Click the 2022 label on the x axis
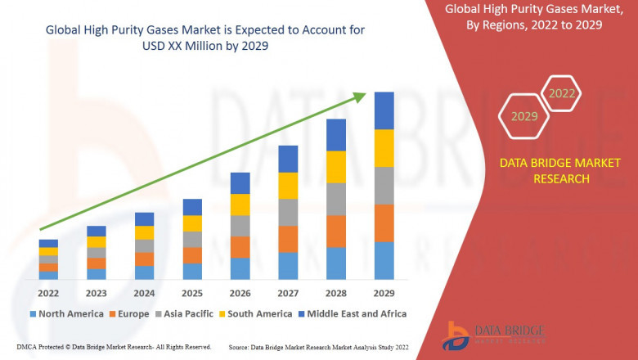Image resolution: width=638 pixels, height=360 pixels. coord(48,293)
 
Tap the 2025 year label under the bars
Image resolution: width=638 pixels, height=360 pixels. coord(192,293)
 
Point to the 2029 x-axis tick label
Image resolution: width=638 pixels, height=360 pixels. coord(384,293)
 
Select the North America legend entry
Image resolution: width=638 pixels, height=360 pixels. coord(66,313)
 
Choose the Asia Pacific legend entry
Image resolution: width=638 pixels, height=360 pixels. coord(189,313)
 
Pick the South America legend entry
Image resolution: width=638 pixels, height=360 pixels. coord(258,313)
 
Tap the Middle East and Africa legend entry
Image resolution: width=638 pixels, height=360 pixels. coord(355,313)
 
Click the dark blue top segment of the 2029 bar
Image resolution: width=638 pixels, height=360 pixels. coord(384,110)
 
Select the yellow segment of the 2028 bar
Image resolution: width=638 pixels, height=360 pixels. coord(336,167)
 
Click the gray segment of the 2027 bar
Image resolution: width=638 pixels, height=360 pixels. coord(288,213)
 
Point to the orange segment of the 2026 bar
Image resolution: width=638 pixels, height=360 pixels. coord(240,247)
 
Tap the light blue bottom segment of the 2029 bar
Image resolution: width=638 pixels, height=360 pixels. coord(384,260)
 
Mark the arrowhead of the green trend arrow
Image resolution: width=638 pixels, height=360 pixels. coord(360,97)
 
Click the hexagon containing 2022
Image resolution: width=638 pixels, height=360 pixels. coord(562,93)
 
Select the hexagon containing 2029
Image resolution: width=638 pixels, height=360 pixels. coord(524,116)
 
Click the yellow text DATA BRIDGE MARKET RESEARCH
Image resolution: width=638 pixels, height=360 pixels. coord(544,171)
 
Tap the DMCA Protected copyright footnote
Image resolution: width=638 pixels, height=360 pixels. coord(114,347)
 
